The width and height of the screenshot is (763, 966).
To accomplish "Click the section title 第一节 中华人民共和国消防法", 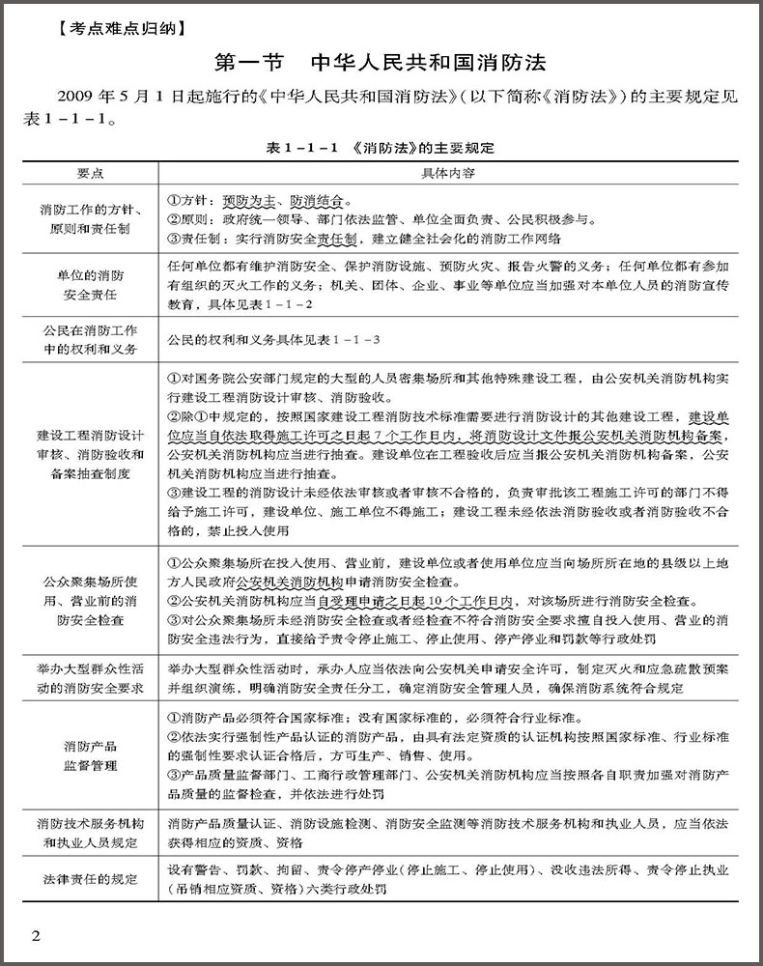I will pos(381,63).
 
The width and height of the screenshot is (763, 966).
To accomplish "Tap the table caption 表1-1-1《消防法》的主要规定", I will pos(381,149).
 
